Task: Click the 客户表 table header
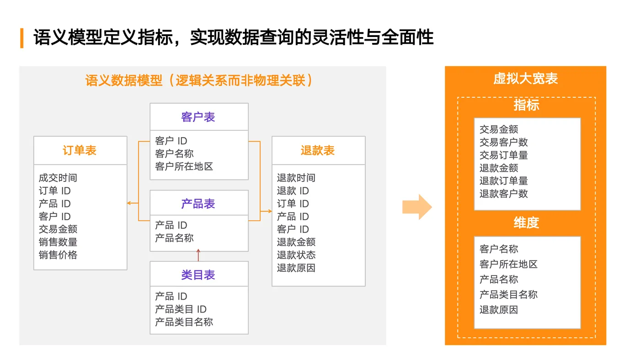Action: point(198,117)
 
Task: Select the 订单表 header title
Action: point(80,150)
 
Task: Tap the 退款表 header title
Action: point(318,150)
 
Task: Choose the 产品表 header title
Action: point(198,204)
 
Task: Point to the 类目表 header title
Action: point(198,275)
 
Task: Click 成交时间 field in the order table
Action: point(58,178)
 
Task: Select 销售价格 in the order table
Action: point(58,255)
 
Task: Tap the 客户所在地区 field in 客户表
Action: point(184,166)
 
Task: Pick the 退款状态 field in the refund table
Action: point(296,255)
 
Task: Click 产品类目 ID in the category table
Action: point(181,309)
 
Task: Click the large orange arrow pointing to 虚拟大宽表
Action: point(416,207)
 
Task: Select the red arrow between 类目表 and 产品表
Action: point(198,254)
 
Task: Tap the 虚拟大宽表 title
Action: point(526,79)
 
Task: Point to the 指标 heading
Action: point(526,105)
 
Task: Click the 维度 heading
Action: point(526,223)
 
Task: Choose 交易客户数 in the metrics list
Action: point(503,142)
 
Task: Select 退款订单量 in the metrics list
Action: point(503,181)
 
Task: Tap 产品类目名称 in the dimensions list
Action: point(508,295)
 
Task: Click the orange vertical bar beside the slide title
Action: point(22,38)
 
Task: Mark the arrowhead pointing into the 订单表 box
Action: point(130,203)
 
